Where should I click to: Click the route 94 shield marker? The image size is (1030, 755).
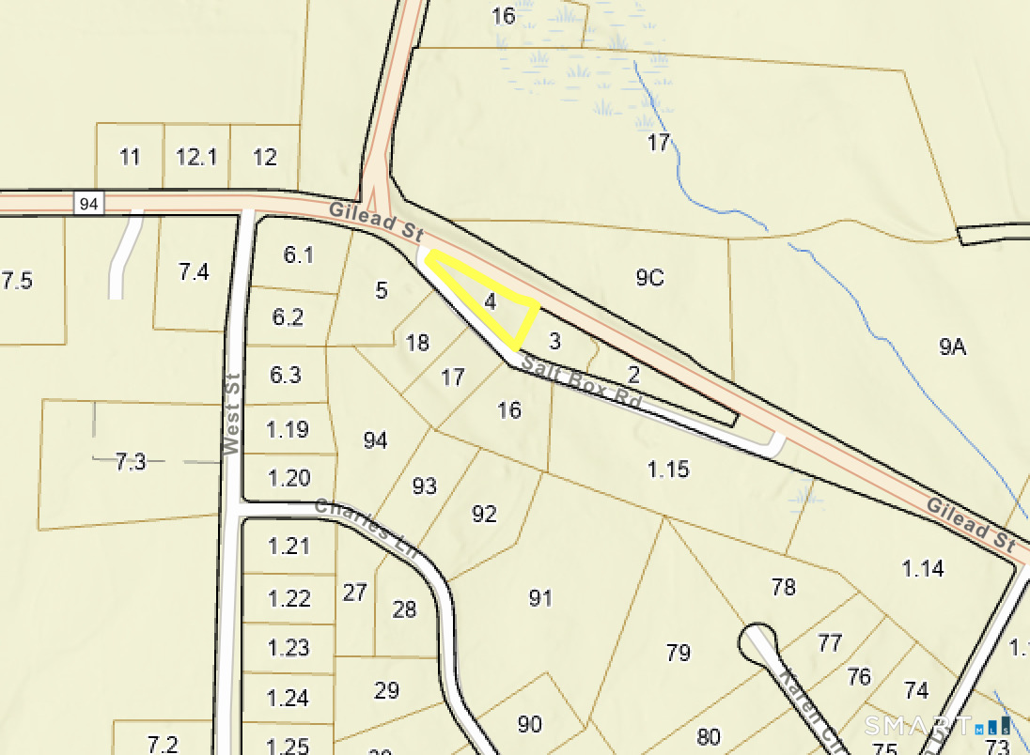coord(88,203)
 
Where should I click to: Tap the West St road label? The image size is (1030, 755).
coord(232,414)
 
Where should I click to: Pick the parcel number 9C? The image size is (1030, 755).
coord(649,277)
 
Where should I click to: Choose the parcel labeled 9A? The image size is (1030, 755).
coord(952,347)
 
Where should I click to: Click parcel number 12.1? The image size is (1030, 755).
coord(196,157)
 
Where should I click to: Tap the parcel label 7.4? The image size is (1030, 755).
coord(194,272)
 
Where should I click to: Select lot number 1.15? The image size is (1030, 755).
coord(668,469)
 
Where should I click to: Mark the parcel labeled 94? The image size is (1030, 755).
coord(375,439)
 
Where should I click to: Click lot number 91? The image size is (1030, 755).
coord(539,598)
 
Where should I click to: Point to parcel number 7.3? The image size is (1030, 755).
coord(131,461)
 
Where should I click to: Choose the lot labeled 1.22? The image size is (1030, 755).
coord(289,597)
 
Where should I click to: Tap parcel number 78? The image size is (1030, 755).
coord(783,587)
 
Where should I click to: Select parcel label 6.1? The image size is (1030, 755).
coord(299,254)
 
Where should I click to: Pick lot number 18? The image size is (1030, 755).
coord(417,342)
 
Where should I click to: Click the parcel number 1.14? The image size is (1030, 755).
coord(923,568)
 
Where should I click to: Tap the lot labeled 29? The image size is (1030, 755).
coord(386,690)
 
